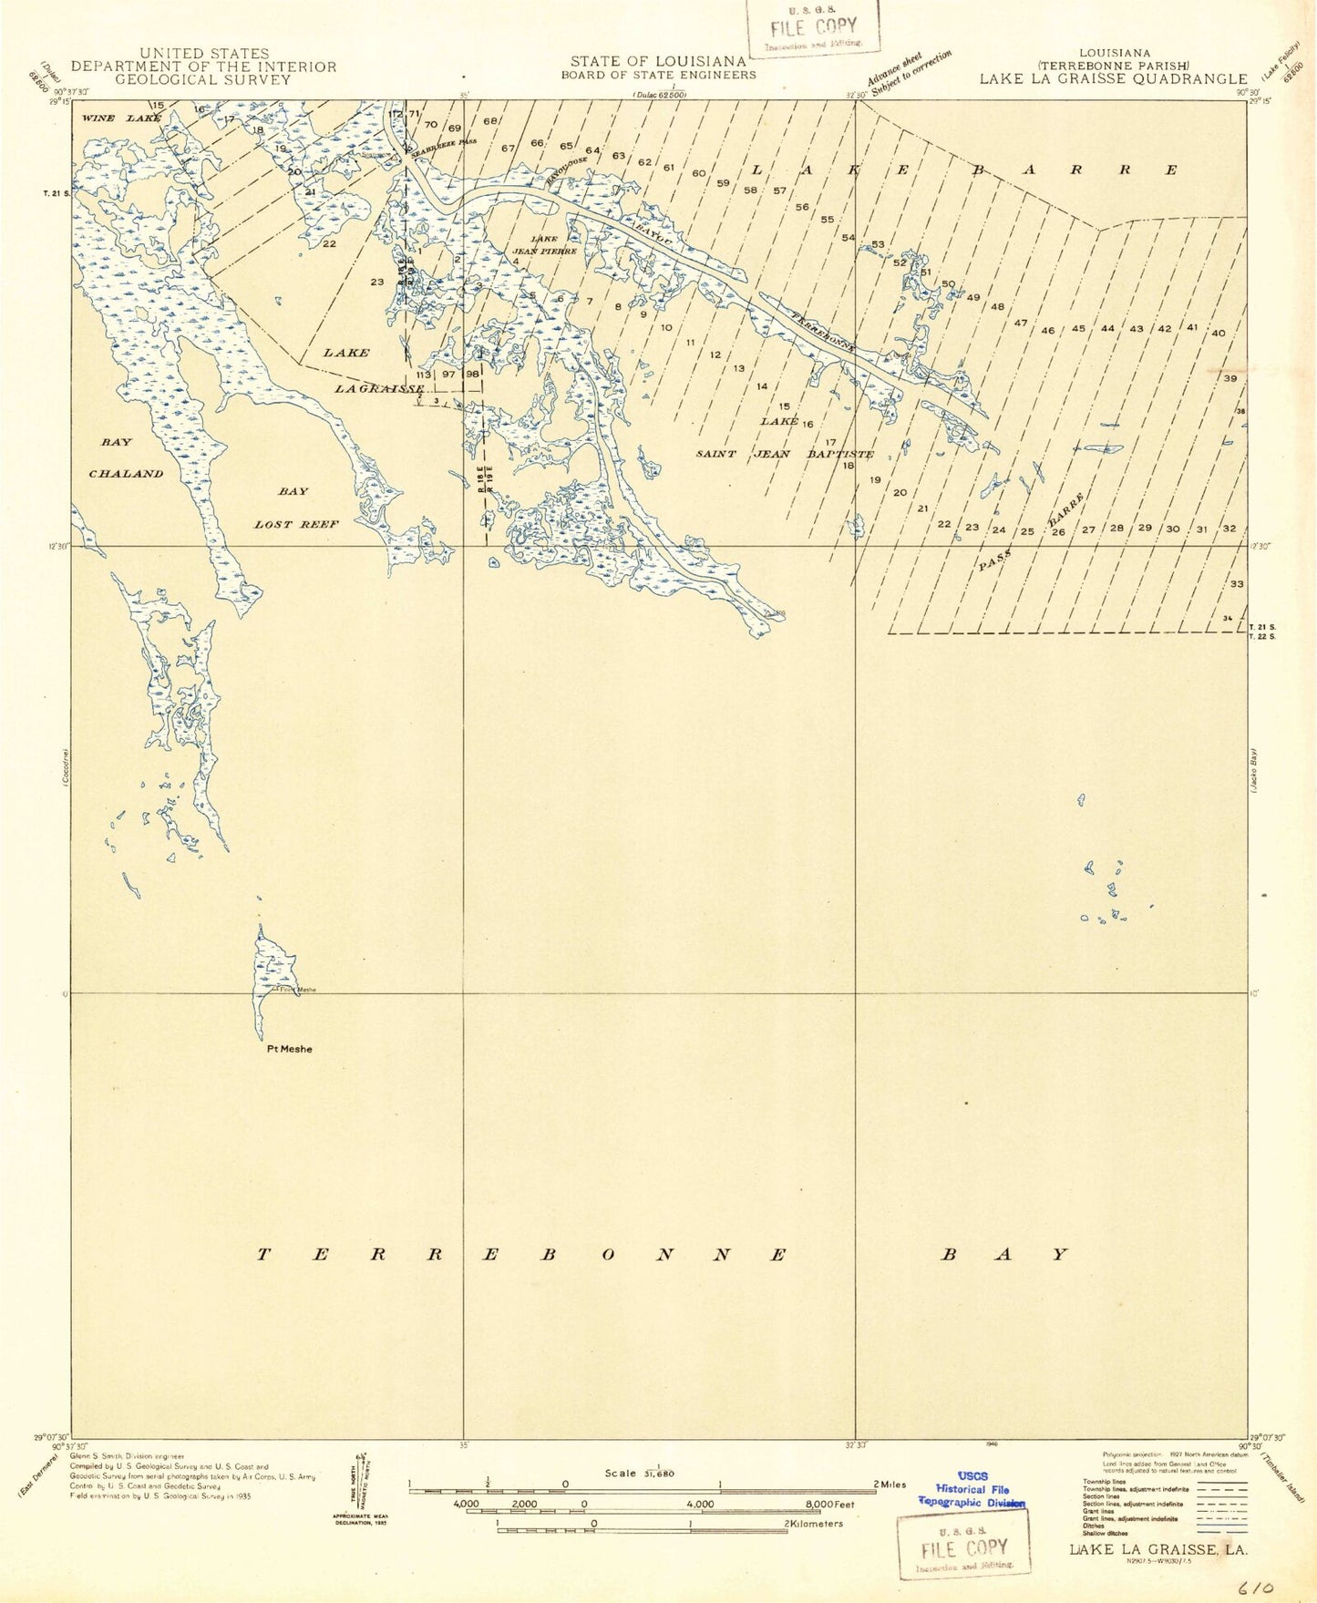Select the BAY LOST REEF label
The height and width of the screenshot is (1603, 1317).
click(x=295, y=508)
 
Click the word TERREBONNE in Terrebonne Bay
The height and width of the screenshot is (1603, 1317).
click(x=522, y=1255)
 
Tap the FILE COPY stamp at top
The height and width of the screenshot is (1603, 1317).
click(x=813, y=25)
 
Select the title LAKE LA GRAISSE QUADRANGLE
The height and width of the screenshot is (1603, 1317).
click(x=1113, y=78)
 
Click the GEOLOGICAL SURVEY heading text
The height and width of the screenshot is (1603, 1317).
click(x=203, y=79)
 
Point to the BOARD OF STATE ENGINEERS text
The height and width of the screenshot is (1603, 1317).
click(x=658, y=76)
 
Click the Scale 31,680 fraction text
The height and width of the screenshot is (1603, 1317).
click(x=639, y=1473)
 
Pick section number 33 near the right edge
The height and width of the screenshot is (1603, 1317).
click(x=1236, y=583)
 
